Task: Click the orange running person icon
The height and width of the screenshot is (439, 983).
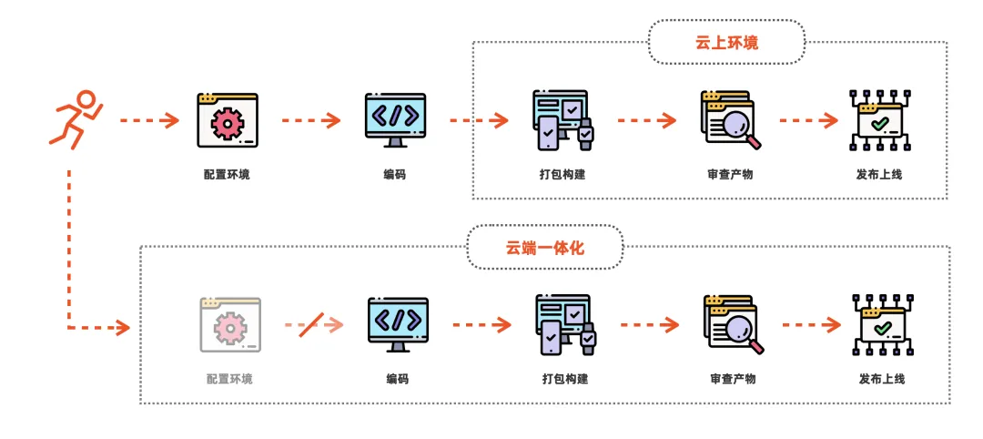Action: click(76, 120)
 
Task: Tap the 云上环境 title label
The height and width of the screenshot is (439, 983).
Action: click(726, 42)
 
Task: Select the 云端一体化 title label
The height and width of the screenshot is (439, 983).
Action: click(545, 247)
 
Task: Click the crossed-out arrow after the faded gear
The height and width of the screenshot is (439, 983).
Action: click(313, 324)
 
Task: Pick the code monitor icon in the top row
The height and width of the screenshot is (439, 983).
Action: click(395, 120)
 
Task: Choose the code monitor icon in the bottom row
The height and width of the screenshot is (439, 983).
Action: click(398, 324)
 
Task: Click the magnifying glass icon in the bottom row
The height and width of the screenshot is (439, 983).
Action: click(734, 324)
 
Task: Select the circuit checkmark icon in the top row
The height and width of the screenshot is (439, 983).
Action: click(879, 120)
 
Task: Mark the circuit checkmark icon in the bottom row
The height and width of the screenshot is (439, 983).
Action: click(882, 324)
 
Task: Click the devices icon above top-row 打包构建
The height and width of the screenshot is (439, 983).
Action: click(563, 120)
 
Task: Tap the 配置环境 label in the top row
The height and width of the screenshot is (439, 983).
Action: click(227, 174)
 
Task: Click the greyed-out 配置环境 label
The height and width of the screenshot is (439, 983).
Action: click(229, 379)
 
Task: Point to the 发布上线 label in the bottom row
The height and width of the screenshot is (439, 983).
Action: click(882, 379)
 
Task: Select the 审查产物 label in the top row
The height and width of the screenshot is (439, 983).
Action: click(730, 174)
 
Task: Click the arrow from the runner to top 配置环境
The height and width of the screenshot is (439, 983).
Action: click(149, 120)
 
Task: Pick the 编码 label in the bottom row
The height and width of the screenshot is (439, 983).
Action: click(398, 379)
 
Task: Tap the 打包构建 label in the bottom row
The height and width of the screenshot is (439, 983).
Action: click(565, 379)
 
